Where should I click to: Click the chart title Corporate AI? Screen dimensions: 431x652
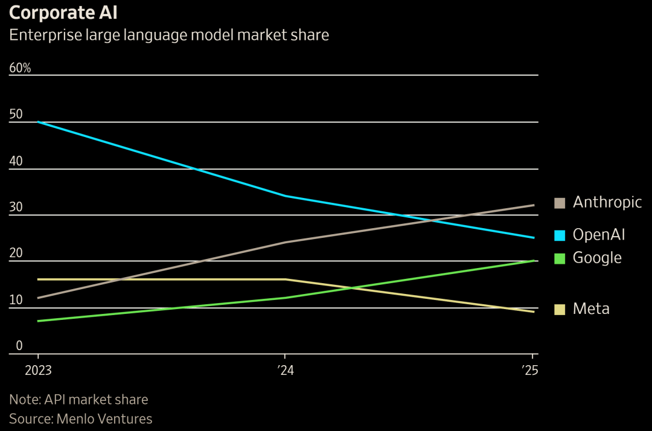(63, 13)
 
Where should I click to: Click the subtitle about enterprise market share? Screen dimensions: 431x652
(169, 34)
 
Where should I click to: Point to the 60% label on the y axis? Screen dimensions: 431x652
(20, 68)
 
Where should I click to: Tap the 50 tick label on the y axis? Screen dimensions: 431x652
(16, 114)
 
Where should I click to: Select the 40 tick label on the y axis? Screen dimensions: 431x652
(16, 161)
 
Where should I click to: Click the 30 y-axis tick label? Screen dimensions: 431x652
(16, 206)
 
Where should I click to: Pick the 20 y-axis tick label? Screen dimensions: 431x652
(16, 253)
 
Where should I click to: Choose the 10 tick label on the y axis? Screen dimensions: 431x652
(16, 299)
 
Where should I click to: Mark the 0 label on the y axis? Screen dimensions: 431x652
(19, 345)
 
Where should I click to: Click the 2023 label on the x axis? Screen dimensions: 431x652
(38, 370)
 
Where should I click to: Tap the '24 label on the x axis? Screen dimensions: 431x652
(285, 370)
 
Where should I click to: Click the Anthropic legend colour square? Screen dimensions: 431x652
(560, 203)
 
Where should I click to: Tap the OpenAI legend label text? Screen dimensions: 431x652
(599, 234)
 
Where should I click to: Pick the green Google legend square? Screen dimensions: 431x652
(560, 258)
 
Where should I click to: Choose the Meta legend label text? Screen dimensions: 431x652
(591, 309)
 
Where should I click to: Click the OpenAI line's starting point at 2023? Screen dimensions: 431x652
(38, 122)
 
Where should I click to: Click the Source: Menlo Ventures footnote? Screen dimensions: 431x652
(81, 418)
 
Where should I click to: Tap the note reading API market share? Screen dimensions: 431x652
(78, 399)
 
